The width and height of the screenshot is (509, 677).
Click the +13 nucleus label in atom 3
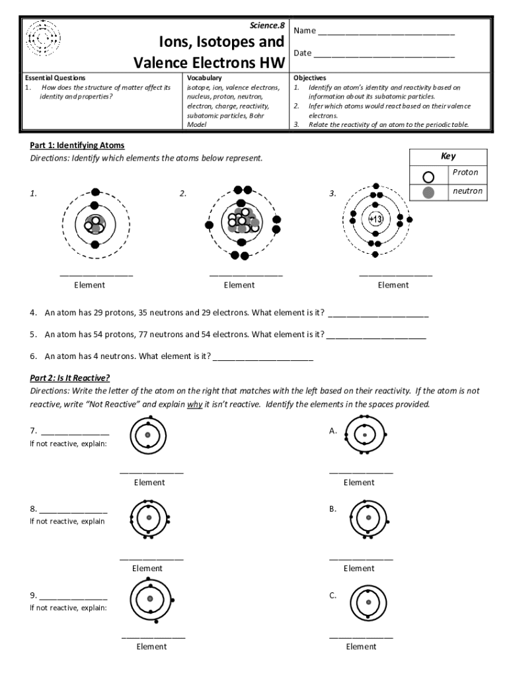tap(375, 219)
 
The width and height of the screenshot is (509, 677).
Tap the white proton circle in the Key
tap(428, 177)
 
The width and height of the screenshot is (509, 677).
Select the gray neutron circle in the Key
tap(428, 192)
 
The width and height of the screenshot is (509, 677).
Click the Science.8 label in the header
tap(267, 25)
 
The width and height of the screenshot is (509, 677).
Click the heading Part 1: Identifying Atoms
tap(77, 145)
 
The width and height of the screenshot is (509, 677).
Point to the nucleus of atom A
tap(364, 435)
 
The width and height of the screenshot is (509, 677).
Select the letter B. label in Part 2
tap(333, 509)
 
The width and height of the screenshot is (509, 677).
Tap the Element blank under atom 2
tap(246, 274)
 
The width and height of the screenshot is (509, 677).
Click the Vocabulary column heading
tap(204, 78)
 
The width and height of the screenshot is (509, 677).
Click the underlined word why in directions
tap(194, 404)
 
